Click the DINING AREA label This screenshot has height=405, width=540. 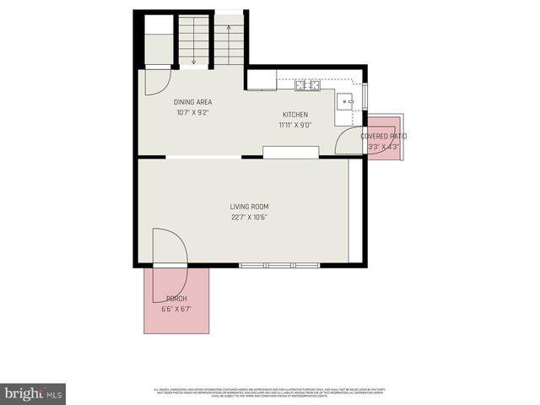192,102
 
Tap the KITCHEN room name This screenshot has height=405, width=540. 294,115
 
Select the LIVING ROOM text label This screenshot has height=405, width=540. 249,207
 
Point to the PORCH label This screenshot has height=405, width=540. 176,300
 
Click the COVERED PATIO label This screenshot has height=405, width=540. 384,136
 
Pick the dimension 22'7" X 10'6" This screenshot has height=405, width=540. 249,217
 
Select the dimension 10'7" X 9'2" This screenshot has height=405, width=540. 192,112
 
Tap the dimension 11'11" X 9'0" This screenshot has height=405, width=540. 295,125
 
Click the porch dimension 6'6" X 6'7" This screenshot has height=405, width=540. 176,309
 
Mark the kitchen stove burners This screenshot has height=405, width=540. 307,84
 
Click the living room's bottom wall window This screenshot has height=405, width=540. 268,266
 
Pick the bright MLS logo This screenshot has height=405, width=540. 33,393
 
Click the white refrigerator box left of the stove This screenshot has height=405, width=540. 262,81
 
